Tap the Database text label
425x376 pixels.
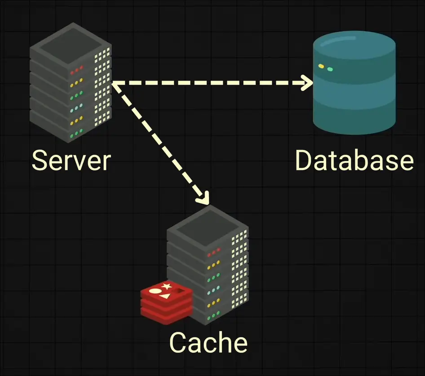[354, 160]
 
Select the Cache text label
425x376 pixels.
[208, 343]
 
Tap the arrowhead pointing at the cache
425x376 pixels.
[204, 197]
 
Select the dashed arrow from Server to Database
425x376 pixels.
[211, 83]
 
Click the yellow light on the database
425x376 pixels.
[321, 66]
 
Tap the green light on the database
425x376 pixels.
[330, 69]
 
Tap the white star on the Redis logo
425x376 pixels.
[166, 286]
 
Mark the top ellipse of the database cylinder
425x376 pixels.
[354, 44]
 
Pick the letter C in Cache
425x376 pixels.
[178, 343]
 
